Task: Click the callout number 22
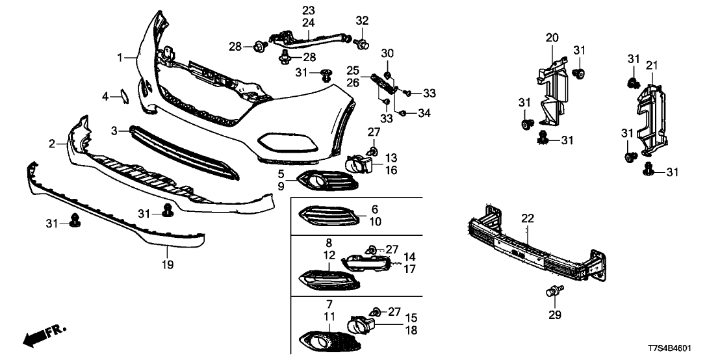click(527, 219)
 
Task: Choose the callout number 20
click(552, 38)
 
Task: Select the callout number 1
click(120, 58)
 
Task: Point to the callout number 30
click(387, 53)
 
